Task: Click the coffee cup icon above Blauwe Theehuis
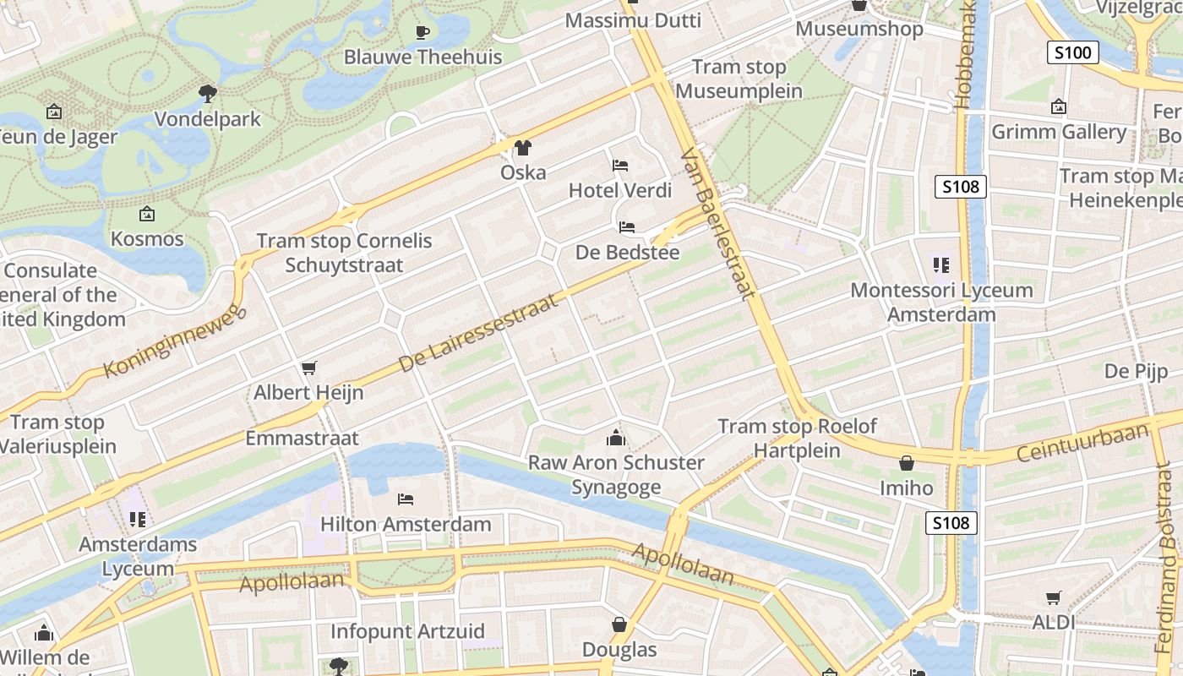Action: coord(422,33)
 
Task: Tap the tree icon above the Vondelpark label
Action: coord(208,93)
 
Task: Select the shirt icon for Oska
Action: coord(523,148)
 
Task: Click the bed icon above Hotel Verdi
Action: coord(620,165)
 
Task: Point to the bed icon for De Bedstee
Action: coord(627,227)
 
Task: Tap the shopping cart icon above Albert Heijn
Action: coord(308,368)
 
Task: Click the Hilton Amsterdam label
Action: coord(406,524)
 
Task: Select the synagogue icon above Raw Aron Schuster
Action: coord(616,438)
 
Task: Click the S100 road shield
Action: coord(1073,52)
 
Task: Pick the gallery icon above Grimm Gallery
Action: coord(1058,107)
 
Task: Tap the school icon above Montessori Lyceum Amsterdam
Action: coord(941,265)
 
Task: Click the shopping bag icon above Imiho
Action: coord(907,463)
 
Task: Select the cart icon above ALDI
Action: coord(1053,598)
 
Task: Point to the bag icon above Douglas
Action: coord(619,624)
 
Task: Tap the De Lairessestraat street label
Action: coord(478,334)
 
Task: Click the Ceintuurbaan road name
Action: coord(1082,442)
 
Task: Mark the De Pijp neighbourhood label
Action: coord(1136,371)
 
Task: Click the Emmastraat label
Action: coord(302,439)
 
